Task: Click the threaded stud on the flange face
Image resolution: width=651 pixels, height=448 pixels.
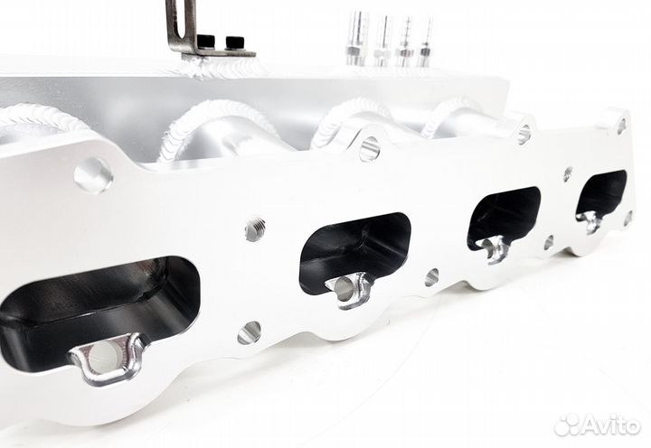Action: pos(255,229)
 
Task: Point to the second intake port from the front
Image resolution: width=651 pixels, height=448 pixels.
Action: pos(355,253)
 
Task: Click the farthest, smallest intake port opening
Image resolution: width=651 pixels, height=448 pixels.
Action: pos(600,195)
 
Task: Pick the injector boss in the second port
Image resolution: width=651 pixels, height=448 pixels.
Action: pos(350,291)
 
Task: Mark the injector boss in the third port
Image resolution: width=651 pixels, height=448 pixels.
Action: pos(493,249)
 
